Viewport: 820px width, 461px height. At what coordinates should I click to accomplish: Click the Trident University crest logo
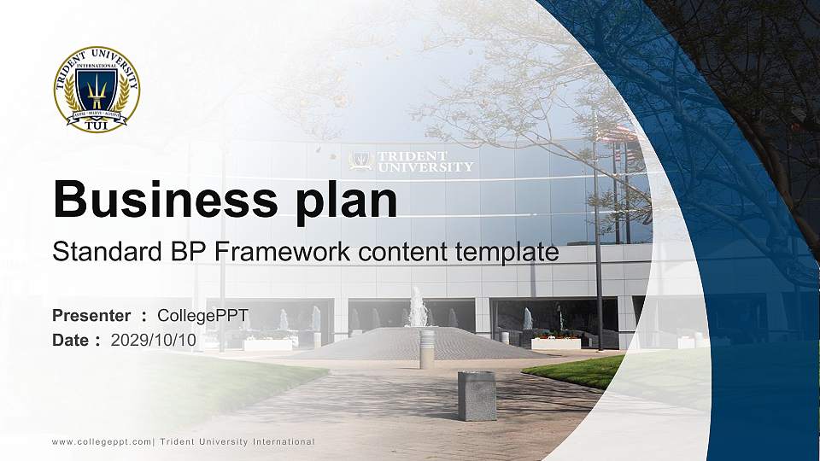(x=97, y=89)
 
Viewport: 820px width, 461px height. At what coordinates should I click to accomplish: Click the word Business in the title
(x=161, y=201)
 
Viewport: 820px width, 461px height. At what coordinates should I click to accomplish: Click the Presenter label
(x=91, y=316)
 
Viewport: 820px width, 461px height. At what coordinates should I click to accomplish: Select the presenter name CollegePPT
(x=202, y=316)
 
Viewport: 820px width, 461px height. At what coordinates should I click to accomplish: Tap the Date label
(x=71, y=340)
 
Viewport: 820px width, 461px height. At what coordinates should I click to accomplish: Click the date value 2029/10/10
(x=154, y=340)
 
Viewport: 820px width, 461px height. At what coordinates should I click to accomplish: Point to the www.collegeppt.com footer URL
(x=102, y=441)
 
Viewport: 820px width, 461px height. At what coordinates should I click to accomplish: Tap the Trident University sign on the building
(x=413, y=161)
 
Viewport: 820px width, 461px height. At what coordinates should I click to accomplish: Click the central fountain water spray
(x=417, y=306)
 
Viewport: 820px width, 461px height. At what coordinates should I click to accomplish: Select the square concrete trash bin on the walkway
(x=477, y=395)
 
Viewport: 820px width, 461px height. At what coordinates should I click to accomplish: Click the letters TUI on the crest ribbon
(x=97, y=125)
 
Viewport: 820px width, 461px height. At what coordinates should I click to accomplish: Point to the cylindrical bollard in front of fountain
(x=427, y=349)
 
